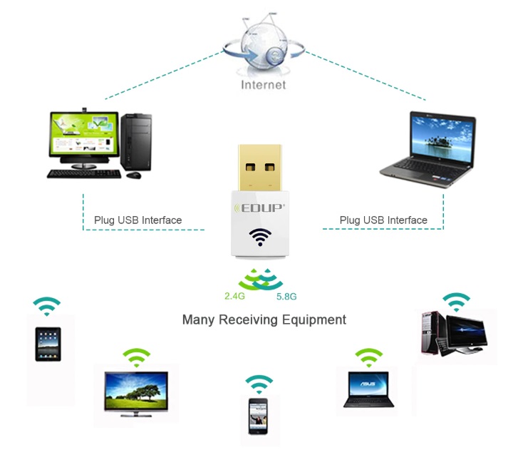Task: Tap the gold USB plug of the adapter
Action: click(259, 169)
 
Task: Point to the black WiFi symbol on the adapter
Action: click(259, 237)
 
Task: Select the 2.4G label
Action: click(235, 296)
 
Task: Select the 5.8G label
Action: click(286, 296)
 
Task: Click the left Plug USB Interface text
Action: click(138, 220)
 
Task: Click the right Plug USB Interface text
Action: click(383, 220)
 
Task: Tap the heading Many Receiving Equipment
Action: click(264, 319)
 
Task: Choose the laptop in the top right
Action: click(427, 150)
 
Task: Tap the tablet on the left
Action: click(48, 344)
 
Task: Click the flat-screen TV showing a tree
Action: click(135, 391)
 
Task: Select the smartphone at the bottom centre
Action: click(258, 415)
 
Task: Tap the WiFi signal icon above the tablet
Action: click(47, 306)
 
